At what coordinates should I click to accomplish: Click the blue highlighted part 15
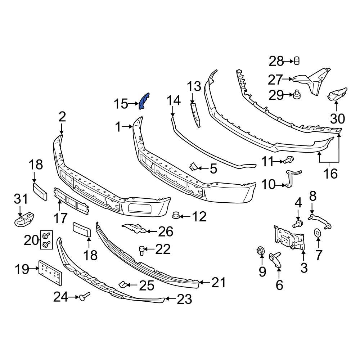tap(145, 100)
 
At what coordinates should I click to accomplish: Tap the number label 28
tap(276, 61)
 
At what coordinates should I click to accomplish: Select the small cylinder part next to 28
tap(297, 61)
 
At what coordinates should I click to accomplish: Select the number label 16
tap(330, 174)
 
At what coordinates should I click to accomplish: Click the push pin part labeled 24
tap(85, 297)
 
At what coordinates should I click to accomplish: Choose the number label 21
tap(219, 283)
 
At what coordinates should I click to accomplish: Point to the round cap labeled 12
tap(176, 215)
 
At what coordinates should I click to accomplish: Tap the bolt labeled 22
tap(142, 249)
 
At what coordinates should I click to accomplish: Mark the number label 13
tap(194, 87)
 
